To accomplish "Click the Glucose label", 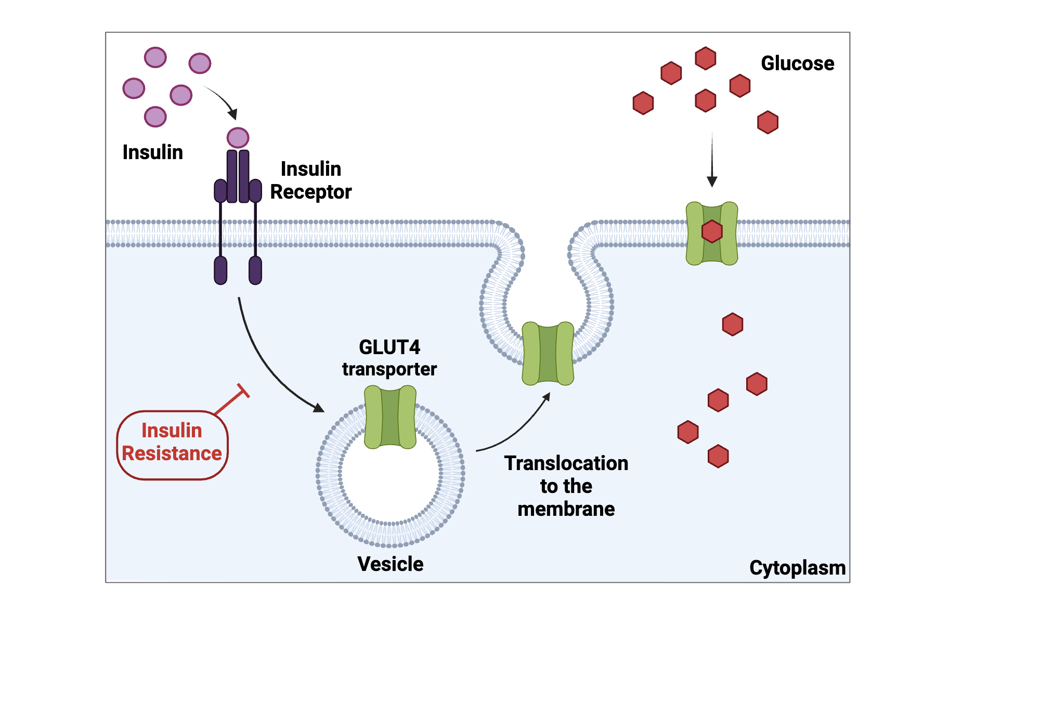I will pyautogui.click(x=797, y=63).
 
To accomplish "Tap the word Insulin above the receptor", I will pyautogui.click(x=152, y=152).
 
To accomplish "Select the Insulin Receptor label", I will pyautogui.click(x=310, y=180).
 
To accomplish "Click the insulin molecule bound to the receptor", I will pyautogui.click(x=238, y=138).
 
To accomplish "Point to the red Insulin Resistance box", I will pyautogui.click(x=172, y=445).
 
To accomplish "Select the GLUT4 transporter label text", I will pyautogui.click(x=389, y=358).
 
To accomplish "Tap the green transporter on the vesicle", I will pyautogui.click(x=390, y=417).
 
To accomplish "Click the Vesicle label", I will pyautogui.click(x=390, y=564).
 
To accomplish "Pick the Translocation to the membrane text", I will pyautogui.click(x=566, y=486).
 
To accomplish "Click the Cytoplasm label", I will pyautogui.click(x=797, y=568).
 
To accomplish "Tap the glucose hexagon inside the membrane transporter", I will pyautogui.click(x=712, y=231).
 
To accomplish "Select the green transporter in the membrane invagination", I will pyautogui.click(x=548, y=354).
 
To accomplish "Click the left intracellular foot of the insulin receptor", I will pyautogui.click(x=220, y=270).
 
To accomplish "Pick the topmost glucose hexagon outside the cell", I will pyautogui.click(x=706, y=58).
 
